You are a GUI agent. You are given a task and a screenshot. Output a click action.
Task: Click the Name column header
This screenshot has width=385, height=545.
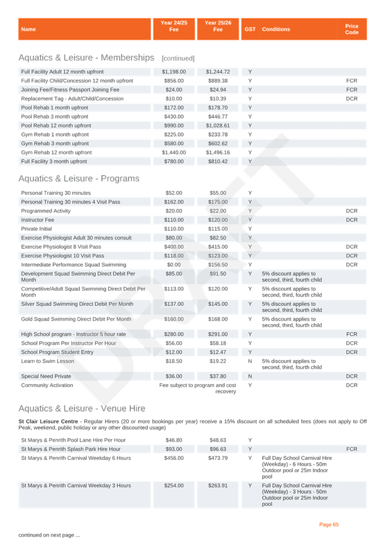pos(28,29)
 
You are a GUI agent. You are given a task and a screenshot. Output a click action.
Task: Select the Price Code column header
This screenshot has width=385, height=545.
pos(352,29)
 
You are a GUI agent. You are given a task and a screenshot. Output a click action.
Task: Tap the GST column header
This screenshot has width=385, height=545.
pos(250,29)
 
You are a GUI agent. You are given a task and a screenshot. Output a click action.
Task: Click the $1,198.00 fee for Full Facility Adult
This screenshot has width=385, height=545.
pos(174,72)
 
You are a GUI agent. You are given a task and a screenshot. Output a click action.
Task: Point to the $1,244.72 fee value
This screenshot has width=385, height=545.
pos(218,72)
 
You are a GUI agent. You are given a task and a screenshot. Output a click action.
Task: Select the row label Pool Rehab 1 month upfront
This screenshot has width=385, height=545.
pos(55,108)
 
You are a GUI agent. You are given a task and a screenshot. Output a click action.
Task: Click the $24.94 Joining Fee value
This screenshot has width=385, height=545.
pos(218,90)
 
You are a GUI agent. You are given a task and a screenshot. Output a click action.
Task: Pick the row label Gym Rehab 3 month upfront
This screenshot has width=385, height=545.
pos(55,143)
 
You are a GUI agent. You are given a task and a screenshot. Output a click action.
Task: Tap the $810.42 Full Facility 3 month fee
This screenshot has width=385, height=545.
pos(218,162)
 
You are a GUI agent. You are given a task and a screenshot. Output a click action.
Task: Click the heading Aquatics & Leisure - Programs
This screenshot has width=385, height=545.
pos(79,179)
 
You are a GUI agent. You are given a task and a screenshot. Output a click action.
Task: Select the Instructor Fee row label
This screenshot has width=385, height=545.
pos(38,220)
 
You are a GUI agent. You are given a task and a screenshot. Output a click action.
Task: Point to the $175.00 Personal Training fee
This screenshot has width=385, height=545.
pos(218,202)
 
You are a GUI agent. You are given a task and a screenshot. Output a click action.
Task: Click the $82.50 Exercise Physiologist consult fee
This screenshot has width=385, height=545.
pos(218,238)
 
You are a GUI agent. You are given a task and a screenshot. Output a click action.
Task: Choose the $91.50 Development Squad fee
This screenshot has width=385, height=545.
pos(218,274)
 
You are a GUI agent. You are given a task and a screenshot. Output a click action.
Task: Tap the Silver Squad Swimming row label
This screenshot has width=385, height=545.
pos(77,304)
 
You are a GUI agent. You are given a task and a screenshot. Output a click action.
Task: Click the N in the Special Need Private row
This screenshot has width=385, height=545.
pos(250,376)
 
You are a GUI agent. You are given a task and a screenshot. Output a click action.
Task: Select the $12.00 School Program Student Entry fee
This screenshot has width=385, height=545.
pos(174,352)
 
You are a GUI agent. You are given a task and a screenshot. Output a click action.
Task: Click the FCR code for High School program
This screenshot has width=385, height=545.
pos(352,334)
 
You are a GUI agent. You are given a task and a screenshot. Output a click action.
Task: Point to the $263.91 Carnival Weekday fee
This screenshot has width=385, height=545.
pos(218,486)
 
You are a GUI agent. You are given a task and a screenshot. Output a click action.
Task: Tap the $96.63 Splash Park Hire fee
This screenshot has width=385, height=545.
pos(218,449)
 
